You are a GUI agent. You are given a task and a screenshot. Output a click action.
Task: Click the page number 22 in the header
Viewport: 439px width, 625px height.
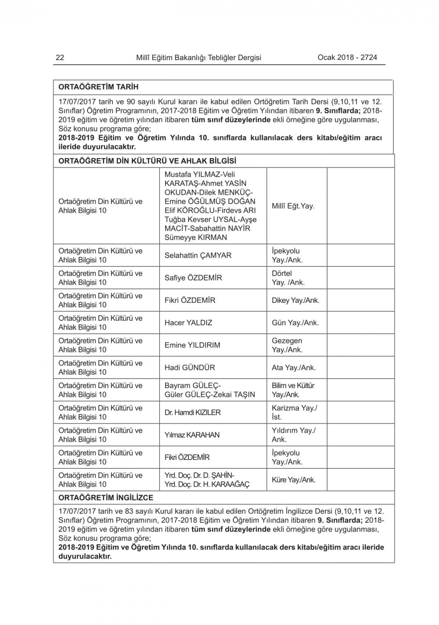[x=60, y=57]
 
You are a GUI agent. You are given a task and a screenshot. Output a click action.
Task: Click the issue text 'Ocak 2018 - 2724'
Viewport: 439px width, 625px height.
[x=347, y=57]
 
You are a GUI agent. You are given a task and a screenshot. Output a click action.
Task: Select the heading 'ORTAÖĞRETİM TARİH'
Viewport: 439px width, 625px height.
[x=98, y=87]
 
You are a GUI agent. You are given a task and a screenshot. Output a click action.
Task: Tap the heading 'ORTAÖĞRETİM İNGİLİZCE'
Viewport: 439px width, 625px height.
[x=106, y=498]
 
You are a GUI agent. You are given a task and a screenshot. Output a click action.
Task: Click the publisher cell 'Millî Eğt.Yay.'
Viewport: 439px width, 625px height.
[x=293, y=206]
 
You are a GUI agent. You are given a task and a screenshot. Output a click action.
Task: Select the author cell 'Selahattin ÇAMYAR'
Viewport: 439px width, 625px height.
[x=198, y=255]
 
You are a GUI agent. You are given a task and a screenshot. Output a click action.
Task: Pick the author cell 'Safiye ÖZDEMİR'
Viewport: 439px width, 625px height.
[x=193, y=278]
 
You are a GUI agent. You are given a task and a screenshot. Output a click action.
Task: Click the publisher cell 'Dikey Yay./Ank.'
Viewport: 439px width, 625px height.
[x=295, y=300]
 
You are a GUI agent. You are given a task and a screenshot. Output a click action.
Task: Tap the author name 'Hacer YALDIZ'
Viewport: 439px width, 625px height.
[x=188, y=323]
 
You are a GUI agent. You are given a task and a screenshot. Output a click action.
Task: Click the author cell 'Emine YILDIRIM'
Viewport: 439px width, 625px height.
[x=192, y=345]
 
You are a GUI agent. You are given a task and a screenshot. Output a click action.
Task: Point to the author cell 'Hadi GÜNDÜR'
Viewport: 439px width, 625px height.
[x=190, y=367]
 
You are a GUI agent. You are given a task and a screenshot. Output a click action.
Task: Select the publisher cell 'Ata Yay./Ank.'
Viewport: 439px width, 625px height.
[x=294, y=367]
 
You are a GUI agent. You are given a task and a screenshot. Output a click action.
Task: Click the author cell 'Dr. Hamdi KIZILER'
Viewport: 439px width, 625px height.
[x=193, y=413]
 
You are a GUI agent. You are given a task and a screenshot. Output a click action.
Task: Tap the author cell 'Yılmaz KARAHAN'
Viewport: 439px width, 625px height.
[x=192, y=435]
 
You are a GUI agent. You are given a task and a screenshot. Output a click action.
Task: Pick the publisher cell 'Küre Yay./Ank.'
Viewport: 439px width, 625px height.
[x=293, y=480]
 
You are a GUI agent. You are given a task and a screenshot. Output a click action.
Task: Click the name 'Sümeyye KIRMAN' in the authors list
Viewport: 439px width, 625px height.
[x=196, y=237]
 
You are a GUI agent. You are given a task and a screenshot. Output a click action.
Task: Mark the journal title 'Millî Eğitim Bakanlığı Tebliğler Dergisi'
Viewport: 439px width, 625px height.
[x=199, y=57]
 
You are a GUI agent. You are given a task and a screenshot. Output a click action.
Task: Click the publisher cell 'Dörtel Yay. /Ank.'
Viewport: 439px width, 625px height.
[x=288, y=278]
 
